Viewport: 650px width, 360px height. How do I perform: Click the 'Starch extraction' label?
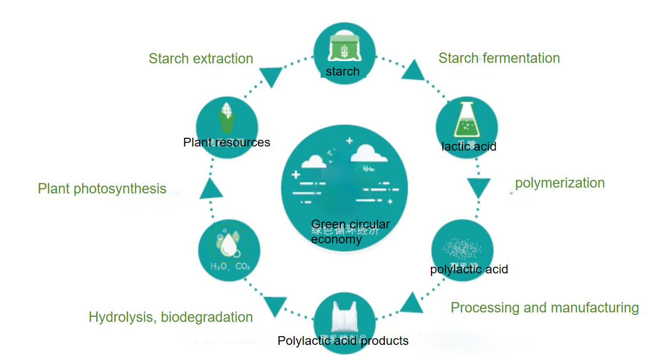201,59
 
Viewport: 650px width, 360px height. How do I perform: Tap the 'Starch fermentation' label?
499,58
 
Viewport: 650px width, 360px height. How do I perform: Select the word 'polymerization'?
559,183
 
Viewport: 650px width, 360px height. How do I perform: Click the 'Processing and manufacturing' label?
544,308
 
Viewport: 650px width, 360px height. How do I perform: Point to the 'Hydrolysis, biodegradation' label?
170,317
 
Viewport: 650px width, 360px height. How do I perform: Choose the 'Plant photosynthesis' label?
102,189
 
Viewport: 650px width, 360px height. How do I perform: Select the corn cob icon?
227,118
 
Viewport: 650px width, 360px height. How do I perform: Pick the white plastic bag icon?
344,319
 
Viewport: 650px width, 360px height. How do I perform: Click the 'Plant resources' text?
226,142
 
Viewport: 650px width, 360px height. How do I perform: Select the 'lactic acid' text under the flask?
469,147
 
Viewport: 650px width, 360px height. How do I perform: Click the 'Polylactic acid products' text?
343,341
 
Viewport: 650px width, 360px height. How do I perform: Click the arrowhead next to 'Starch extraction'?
270,77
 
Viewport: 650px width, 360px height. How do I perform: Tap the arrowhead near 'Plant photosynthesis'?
211,189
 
